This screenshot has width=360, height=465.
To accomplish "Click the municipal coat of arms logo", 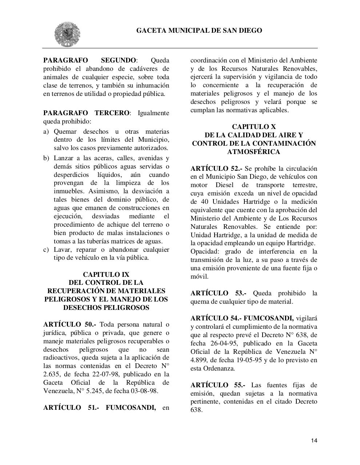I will (x=67, y=34).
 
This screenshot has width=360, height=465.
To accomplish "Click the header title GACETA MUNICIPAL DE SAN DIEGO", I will (x=199, y=31).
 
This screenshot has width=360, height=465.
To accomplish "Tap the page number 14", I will (x=314, y=441).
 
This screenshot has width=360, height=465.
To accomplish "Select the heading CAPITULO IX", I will (x=106, y=274).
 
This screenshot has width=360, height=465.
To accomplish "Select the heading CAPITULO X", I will (x=254, y=127).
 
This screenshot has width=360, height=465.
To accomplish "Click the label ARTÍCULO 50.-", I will (x=69, y=324).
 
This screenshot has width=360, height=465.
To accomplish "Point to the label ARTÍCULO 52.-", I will (x=217, y=169).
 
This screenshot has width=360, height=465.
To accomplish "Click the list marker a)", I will (x=46, y=132).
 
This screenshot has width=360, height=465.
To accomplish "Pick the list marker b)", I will (x=46, y=158).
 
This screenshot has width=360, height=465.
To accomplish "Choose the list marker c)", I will (x=46, y=250).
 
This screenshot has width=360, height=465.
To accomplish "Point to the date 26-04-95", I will (x=223, y=343).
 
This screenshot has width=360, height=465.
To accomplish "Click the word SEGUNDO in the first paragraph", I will (x=119, y=60).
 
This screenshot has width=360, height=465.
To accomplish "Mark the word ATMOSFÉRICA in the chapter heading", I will (x=253, y=152).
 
